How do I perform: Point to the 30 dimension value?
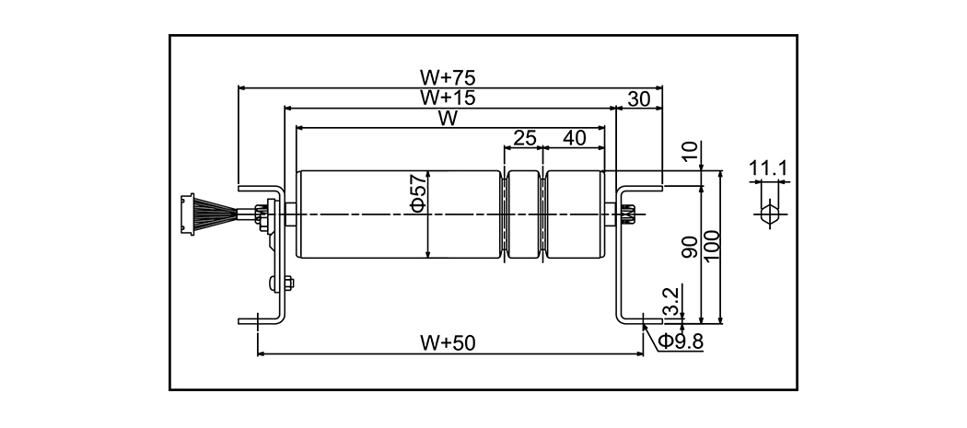[639, 98]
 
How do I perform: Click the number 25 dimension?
[524, 138]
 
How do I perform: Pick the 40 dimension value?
[574, 138]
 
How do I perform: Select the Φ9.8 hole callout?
[681, 341]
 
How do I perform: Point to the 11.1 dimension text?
[766, 168]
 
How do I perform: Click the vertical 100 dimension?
[712, 247]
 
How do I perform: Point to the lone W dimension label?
[449, 118]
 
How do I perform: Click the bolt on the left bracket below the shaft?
[277, 283]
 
